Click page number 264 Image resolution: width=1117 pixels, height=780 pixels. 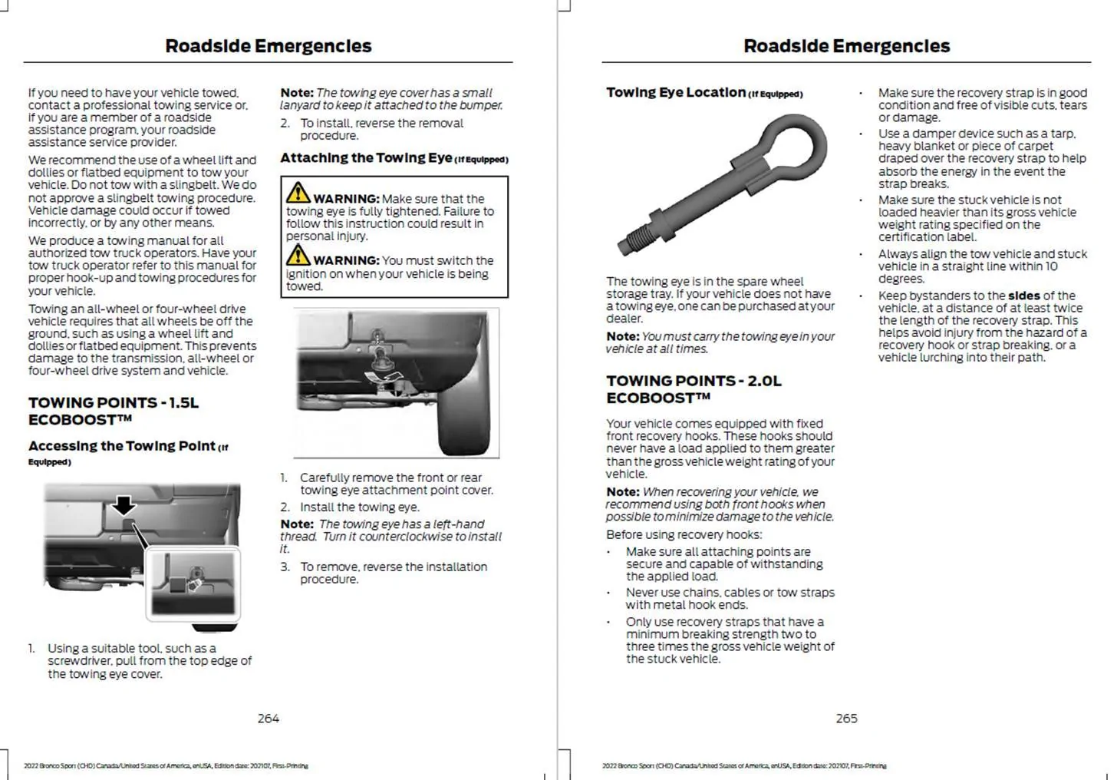click(269, 719)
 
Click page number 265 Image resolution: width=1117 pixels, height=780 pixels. click(846, 719)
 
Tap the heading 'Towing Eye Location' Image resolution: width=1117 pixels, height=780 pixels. click(676, 93)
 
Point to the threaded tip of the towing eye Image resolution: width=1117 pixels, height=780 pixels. click(634, 240)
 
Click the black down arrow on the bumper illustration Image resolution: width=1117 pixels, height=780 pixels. click(124, 504)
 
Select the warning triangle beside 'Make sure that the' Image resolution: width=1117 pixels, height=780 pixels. click(298, 192)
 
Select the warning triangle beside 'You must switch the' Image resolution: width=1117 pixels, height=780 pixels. click(298, 254)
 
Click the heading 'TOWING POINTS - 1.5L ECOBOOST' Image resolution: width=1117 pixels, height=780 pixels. click(114, 411)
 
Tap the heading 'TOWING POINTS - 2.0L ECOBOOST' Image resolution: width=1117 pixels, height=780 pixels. click(694, 389)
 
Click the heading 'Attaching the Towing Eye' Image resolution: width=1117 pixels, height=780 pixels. click(366, 158)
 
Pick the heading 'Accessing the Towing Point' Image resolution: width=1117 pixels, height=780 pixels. click(122, 447)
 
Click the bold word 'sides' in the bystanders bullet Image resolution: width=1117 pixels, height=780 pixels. click(1023, 296)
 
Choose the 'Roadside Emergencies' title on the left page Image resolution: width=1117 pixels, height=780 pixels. click(269, 46)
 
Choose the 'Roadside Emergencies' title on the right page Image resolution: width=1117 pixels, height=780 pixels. click(846, 46)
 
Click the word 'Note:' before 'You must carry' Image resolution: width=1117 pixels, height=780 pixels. click(622, 337)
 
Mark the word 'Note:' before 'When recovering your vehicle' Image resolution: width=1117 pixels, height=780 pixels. click(622, 492)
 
